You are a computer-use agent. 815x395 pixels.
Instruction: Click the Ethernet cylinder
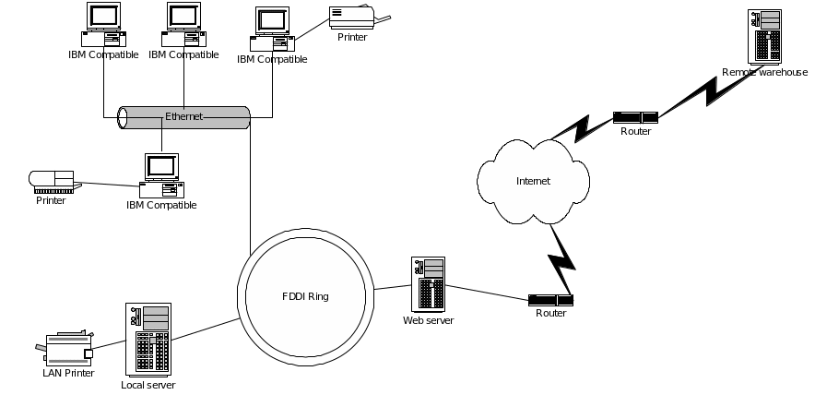tap(184, 117)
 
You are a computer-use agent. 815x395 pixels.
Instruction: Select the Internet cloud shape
tap(533, 181)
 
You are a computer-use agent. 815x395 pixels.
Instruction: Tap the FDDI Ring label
tap(305, 296)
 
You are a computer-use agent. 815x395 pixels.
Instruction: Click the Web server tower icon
tap(430, 284)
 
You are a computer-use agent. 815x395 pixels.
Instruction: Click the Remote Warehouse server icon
tap(766, 37)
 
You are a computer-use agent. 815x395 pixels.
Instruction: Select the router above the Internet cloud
tap(635, 117)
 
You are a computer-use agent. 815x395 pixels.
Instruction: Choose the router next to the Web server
tap(550, 300)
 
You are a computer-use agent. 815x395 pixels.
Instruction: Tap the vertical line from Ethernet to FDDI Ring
tap(251, 185)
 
